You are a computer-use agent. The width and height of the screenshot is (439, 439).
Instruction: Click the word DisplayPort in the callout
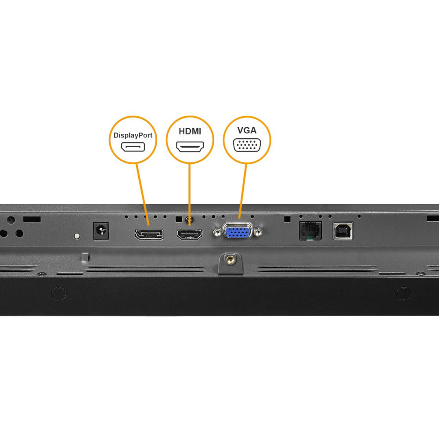click(133, 135)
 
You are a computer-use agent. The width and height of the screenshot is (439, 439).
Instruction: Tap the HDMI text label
click(190, 131)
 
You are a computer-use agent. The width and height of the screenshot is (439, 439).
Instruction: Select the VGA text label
click(247, 130)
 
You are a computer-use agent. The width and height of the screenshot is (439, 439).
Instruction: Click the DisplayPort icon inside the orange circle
click(133, 147)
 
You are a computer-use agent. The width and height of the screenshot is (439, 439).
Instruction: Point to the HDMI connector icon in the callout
click(190, 147)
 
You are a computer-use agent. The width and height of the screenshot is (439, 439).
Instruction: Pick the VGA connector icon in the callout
click(247, 145)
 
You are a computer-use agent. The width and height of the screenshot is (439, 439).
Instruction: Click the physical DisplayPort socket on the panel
click(149, 234)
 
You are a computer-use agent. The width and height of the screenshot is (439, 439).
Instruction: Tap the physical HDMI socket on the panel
click(189, 234)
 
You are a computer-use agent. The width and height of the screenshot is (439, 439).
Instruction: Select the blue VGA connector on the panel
click(237, 231)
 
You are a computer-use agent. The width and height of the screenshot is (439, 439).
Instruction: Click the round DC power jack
click(101, 231)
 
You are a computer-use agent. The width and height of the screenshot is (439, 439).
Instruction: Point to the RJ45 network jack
click(310, 231)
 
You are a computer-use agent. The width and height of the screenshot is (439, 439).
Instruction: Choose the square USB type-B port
click(343, 231)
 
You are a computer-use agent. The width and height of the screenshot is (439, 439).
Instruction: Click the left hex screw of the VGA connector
click(217, 232)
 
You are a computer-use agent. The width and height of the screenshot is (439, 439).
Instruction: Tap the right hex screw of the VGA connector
click(258, 232)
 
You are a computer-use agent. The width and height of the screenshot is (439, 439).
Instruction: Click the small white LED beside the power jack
click(77, 236)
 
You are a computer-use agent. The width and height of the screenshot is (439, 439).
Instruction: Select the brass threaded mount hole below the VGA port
click(230, 259)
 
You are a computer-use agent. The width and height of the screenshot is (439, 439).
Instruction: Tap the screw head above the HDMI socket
click(189, 219)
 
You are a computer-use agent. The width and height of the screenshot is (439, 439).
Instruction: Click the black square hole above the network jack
click(287, 219)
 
